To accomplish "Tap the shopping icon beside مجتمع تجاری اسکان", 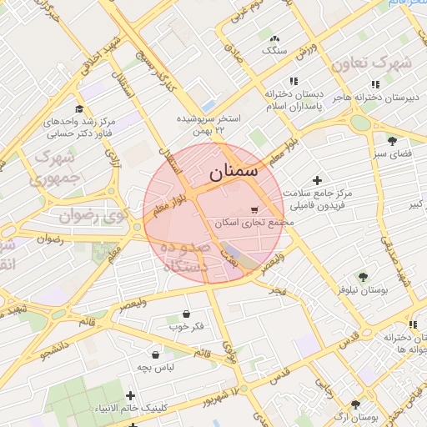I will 254,210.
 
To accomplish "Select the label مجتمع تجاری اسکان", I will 249,224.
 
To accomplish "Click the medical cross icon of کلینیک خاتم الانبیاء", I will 130,394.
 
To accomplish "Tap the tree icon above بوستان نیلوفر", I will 363,276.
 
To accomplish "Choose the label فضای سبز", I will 390,154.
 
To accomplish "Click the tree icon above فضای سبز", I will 392,139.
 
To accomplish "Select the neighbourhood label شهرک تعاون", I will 370,64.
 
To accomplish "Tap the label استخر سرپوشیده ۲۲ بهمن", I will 208,124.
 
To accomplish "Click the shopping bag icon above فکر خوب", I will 186,314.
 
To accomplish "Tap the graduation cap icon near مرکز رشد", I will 79,108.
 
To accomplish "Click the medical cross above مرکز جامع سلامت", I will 316,180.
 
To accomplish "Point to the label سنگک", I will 274,51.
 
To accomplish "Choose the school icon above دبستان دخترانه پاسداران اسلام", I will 293,81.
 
